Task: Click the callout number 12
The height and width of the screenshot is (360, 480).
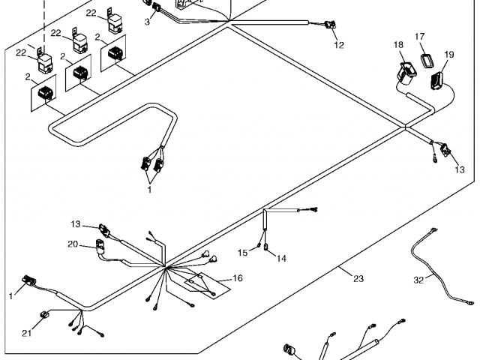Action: point(338,45)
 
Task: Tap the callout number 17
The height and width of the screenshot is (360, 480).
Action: point(420,37)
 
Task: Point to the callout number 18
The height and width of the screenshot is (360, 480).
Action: point(398,46)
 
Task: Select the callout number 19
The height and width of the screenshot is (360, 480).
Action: point(449,55)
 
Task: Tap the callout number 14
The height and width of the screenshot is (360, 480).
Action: point(281,258)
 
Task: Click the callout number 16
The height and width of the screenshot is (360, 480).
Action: point(237,278)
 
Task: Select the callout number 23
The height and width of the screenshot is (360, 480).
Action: point(358,278)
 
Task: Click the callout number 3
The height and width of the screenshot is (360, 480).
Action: point(147,22)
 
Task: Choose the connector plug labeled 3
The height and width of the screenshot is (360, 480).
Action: point(158,8)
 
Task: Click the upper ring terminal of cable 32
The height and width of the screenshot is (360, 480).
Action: point(433,232)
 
